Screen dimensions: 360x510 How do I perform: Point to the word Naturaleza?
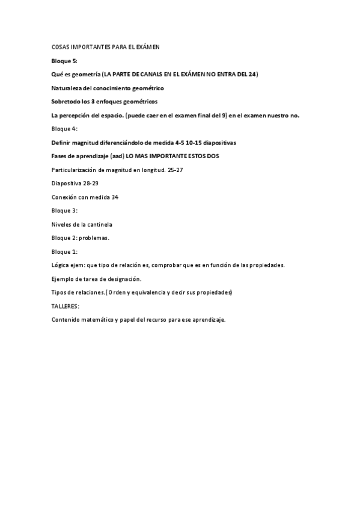click(67, 88)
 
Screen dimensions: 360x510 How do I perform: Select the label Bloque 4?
click(64, 129)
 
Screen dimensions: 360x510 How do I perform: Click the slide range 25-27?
click(175, 170)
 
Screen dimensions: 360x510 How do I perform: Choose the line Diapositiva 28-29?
click(75, 183)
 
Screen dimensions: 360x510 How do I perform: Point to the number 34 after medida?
click(115, 197)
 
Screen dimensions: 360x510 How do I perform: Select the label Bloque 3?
click(64, 211)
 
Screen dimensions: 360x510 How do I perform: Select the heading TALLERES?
click(66, 306)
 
